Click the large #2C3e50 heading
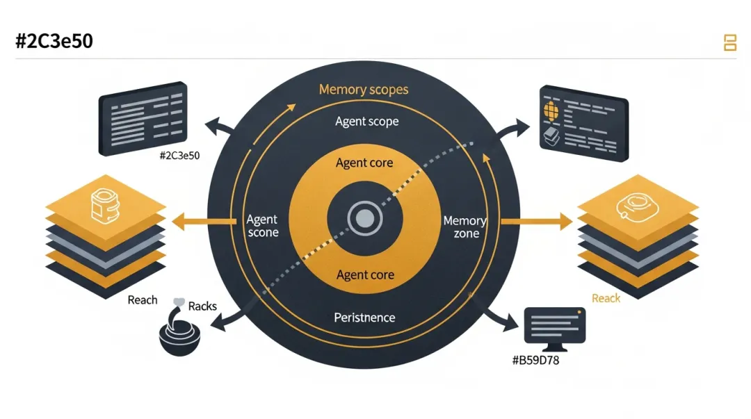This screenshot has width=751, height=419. (x=54, y=41)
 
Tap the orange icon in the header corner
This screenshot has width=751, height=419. (x=730, y=42)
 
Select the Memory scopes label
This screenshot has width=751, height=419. (x=364, y=90)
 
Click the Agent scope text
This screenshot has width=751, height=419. (x=366, y=122)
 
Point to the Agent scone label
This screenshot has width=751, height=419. (x=263, y=226)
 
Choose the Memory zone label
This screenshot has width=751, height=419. (x=465, y=227)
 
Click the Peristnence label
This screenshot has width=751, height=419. (x=364, y=318)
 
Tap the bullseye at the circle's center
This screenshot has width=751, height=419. (x=364, y=220)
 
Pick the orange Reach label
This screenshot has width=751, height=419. (x=606, y=298)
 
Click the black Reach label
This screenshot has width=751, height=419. (x=143, y=300)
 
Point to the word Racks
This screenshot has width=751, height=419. (x=202, y=306)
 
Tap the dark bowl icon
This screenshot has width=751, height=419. (x=180, y=336)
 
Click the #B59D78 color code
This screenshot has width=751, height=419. (x=535, y=360)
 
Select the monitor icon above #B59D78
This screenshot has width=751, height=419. (x=554, y=327)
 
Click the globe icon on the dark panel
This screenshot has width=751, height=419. (x=551, y=110)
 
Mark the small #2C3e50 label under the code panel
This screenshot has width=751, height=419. (x=179, y=156)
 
